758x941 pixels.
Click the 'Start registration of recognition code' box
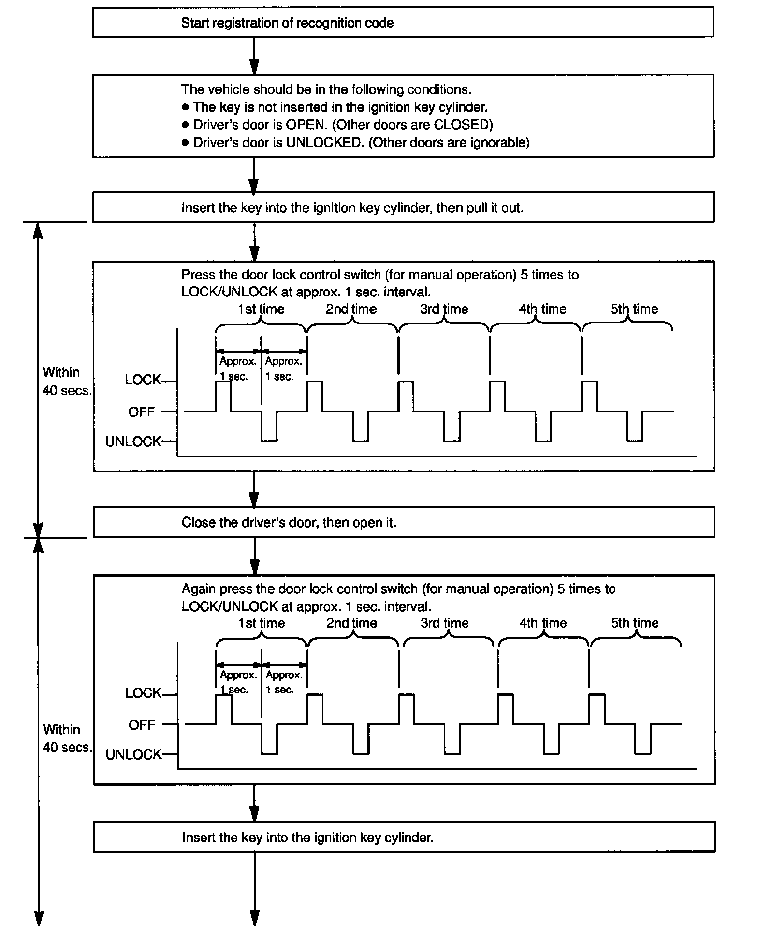(x=403, y=23)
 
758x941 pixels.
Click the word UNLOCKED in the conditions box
(x=324, y=143)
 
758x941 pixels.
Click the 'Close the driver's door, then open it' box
(x=403, y=522)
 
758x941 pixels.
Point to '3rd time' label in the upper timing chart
(x=444, y=309)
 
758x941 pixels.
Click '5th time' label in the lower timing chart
(x=634, y=623)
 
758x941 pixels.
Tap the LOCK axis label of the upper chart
(x=143, y=380)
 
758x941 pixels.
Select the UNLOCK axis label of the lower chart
(x=133, y=755)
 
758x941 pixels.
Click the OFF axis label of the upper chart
(x=141, y=412)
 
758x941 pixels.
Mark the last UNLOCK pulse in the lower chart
(x=643, y=740)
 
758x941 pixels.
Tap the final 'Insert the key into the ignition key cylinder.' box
(x=404, y=837)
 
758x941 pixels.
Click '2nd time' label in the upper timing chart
(x=351, y=309)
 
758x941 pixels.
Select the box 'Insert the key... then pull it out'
(x=403, y=208)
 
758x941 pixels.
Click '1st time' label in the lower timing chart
(x=261, y=623)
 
